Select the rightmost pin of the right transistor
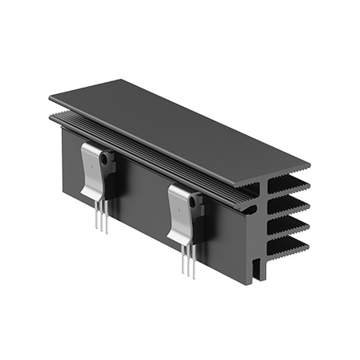194,264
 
